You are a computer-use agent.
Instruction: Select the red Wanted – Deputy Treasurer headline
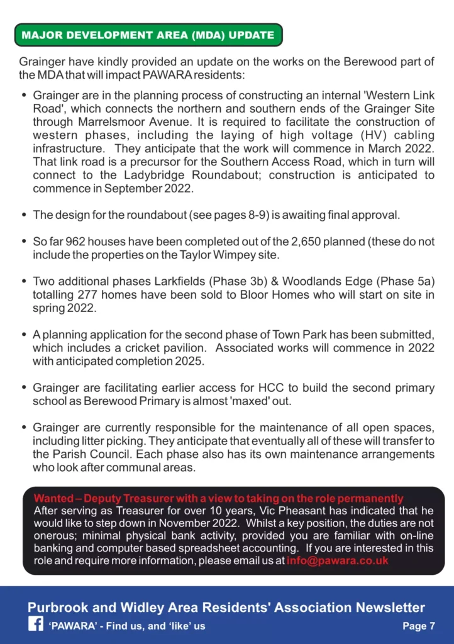pyautogui.click(x=218, y=499)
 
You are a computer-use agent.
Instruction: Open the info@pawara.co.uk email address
pyautogui.click(x=338, y=560)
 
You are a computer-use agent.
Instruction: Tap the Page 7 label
pyautogui.click(x=419, y=626)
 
